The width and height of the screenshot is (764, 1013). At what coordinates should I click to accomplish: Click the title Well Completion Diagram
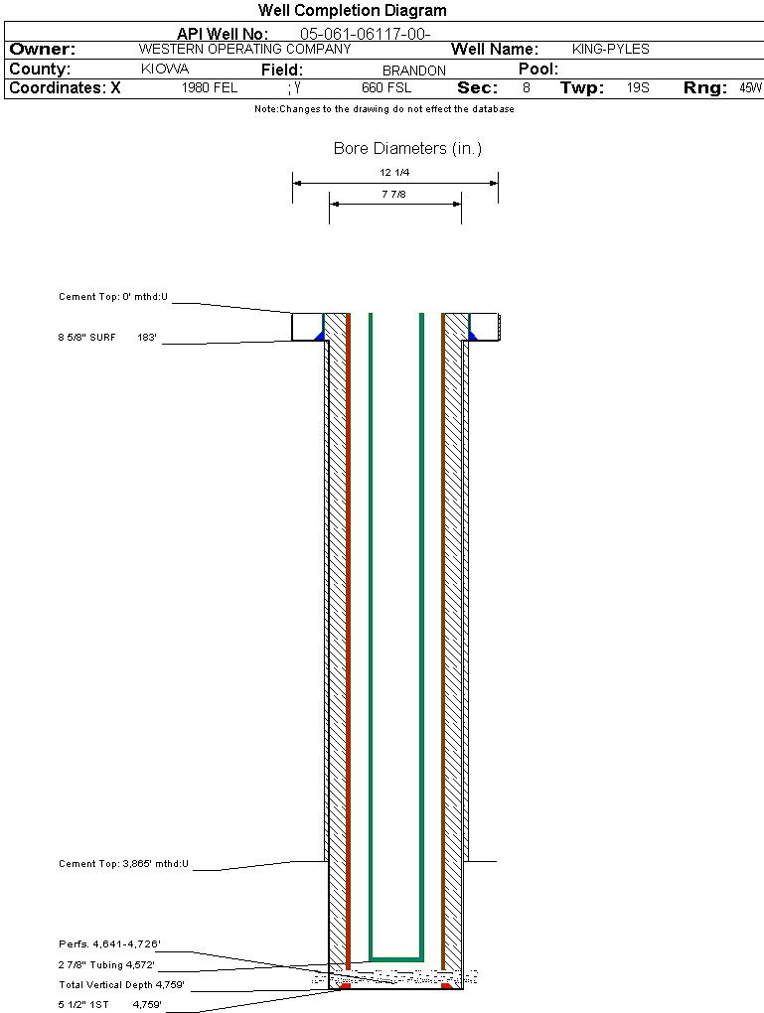point(353,10)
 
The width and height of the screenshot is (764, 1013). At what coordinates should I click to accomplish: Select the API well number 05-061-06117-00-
point(366,34)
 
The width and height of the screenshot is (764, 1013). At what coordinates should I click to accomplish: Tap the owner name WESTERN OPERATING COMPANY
point(245,49)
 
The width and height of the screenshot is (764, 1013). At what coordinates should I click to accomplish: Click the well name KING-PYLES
point(611,49)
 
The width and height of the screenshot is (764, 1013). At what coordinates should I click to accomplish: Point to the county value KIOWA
point(165,70)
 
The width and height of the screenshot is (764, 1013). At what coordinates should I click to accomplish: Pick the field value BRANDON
point(414,71)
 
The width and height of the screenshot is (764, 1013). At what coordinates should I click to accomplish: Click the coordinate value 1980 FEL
point(210,87)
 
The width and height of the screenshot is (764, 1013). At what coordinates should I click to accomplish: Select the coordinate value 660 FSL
point(386,87)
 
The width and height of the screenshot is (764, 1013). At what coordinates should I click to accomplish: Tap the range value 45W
point(751,87)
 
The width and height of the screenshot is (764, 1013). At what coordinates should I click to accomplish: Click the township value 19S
point(638,87)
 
